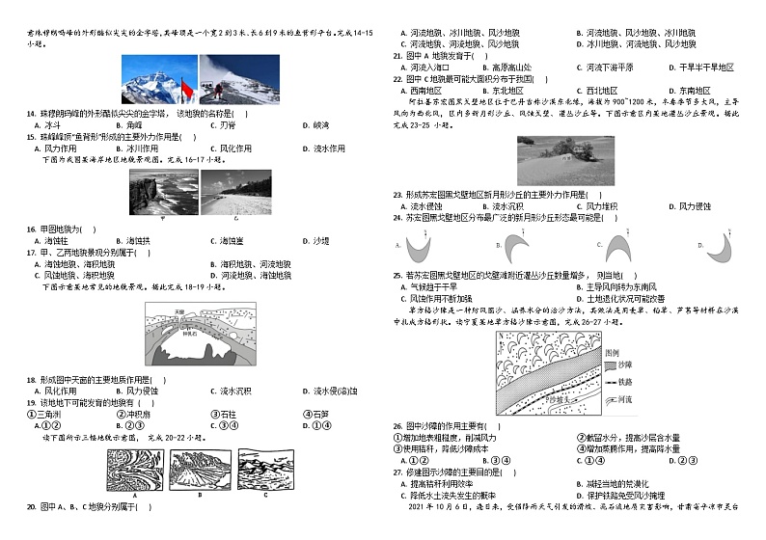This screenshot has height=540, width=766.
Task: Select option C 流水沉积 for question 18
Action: tap(229, 391)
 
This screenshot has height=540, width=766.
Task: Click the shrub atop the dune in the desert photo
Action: tap(570, 148)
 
